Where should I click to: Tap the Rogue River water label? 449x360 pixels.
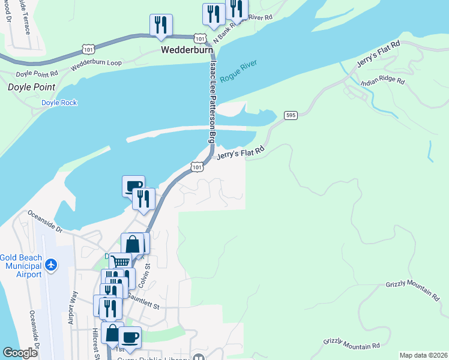[239, 71]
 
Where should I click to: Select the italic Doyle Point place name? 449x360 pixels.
[31, 87]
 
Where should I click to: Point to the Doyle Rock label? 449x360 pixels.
[59, 103]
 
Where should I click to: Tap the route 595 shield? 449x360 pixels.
[291, 115]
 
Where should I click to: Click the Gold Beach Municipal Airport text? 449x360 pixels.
[22, 266]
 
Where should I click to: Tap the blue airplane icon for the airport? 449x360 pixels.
[52, 264]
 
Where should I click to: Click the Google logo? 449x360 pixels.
[20, 352]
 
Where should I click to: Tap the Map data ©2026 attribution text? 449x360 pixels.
[423, 355]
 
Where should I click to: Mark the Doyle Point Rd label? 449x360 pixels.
[37, 74]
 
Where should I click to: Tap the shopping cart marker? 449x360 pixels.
[120, 262]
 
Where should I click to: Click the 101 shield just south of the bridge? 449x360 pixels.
[196, 167]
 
